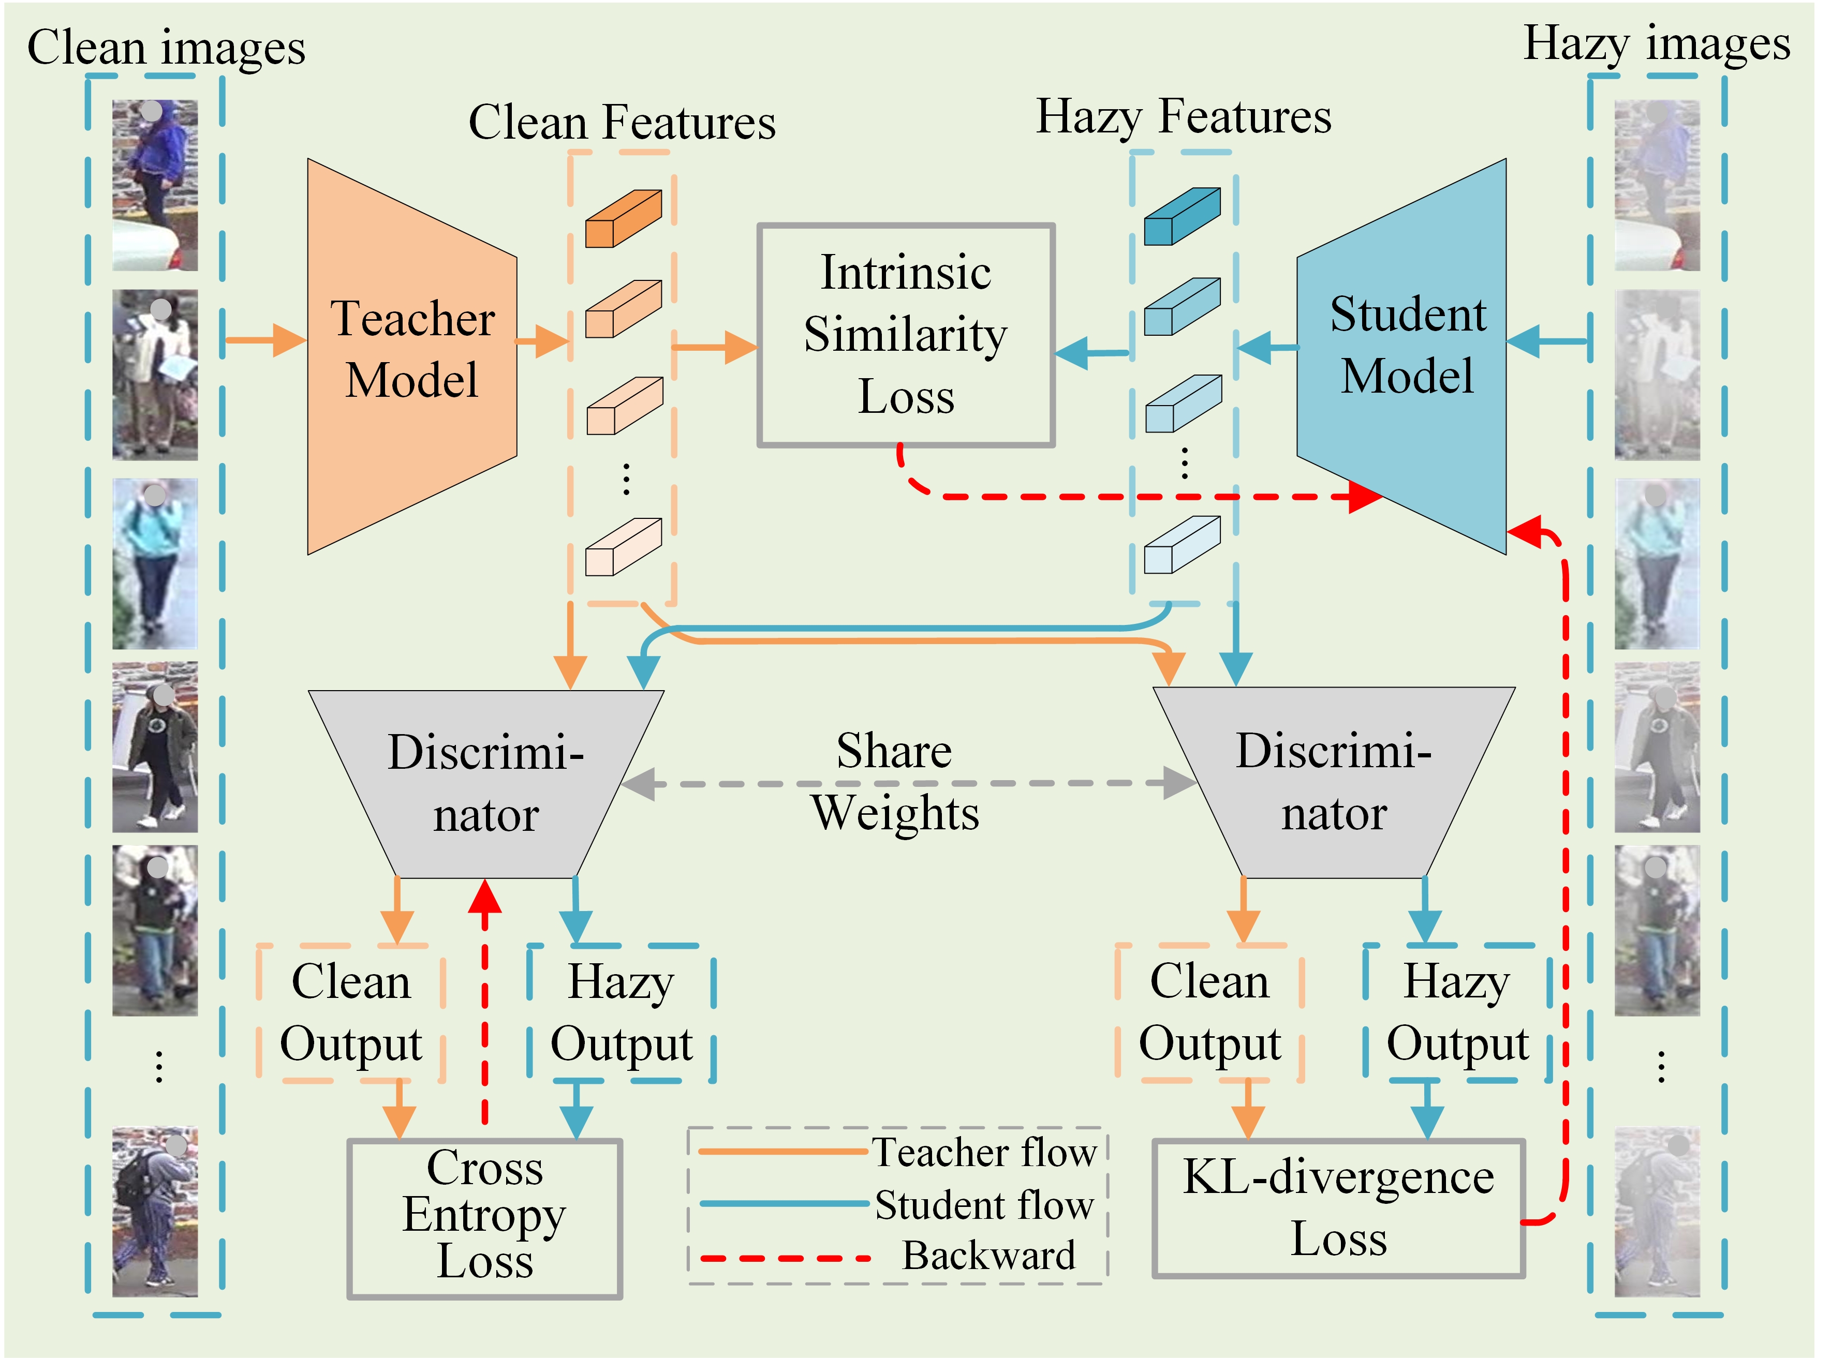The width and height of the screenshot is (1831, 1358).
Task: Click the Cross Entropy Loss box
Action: tap(484, 1217)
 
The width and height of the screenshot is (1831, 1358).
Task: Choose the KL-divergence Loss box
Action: tap(1338, 1207)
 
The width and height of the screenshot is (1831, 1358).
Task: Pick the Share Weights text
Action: tap(894, 782)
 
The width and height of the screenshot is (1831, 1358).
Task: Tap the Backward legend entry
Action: tap(888, 1256)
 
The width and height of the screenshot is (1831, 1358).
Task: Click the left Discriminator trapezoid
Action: tap(485, 783)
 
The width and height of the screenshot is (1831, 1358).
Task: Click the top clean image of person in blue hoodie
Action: tap(155, 185)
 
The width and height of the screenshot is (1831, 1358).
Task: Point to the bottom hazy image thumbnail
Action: tap(1656, 1211)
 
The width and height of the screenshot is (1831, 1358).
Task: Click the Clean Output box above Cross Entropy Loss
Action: tap(351, 1013)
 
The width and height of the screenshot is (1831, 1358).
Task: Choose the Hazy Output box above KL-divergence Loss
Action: tap(1457, 1013)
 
